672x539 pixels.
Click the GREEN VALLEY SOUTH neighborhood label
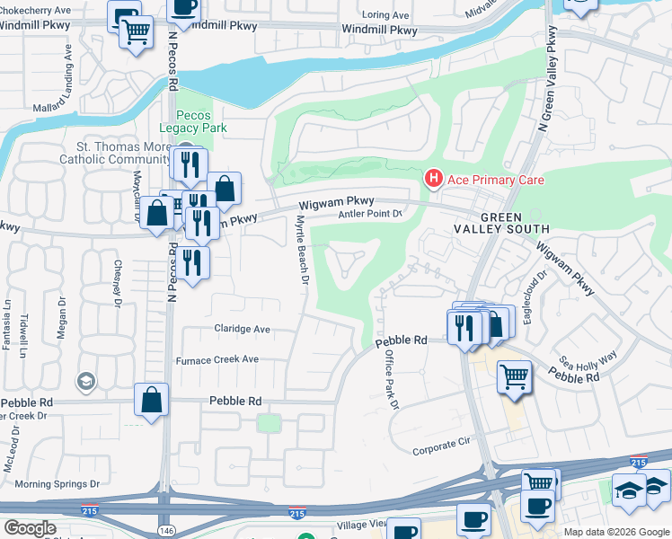click(x=513, y=225)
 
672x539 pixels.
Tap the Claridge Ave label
click(x=242, y=329)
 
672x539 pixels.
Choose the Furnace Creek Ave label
click(x=217, y=359)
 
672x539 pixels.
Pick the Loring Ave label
click(x=385, y=15)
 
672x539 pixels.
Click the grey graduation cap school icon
click(x=85, y=382)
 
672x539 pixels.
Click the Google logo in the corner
click(x=30, y=527)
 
